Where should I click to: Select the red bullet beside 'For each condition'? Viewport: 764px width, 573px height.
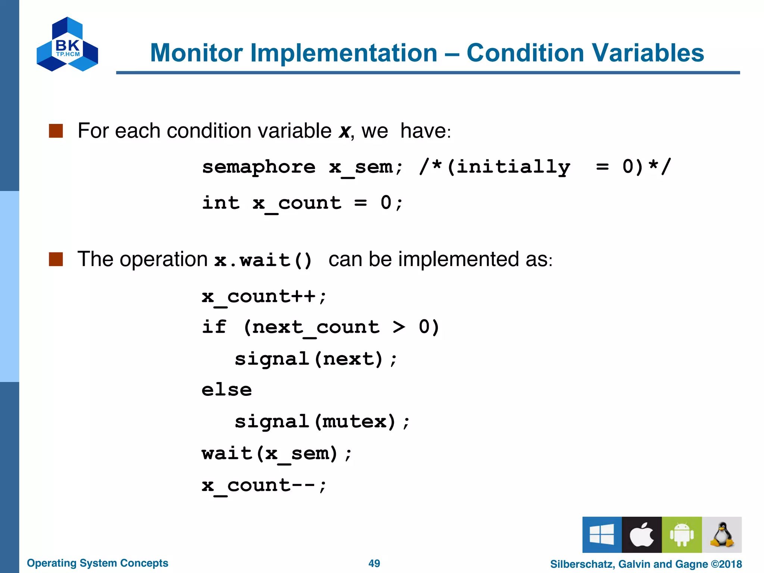click(56, 131)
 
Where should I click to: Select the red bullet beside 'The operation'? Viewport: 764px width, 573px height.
click(56, 259)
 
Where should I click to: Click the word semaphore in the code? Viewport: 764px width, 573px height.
click(259, 167)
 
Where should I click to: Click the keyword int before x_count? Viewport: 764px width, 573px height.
click(221, 203)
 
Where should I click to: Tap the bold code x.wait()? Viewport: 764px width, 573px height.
click(263, 260)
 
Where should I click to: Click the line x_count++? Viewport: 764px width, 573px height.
click(264, 297)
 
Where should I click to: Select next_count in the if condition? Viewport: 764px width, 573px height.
click(316, 327)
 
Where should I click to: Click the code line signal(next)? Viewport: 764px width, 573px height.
click(316, 359)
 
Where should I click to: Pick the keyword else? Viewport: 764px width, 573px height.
click(227, 390)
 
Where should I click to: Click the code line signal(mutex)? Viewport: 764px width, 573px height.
click(322, 422)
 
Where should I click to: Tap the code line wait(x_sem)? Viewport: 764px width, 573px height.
click(276, 454)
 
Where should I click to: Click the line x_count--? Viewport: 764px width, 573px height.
click(264, 485)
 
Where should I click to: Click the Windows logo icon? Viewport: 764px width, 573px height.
click(602, 535)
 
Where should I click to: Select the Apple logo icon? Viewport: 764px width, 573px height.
click(642, 535)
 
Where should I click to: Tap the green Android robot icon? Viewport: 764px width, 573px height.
click(682, 535)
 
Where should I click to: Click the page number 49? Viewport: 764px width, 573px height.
click(374, 563)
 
